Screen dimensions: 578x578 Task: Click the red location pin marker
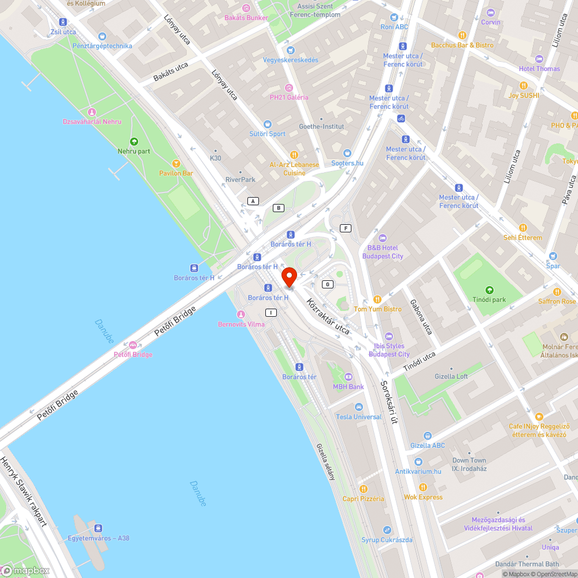click(x=289, y=277)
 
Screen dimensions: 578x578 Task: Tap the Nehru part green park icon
click(x=134, y=141)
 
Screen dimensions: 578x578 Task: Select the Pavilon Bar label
click(x=176, y=173)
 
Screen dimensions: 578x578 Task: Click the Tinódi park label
click(x=489, y=299)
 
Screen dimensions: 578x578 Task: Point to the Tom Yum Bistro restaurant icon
click(x=377, y=299)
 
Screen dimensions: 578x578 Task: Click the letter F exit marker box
click(x=346, y=228)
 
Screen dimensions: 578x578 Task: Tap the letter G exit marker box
click(x=328, y=284)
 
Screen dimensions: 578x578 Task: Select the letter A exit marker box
click(x=253, y=201)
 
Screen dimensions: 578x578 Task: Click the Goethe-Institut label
click(x=321, y=127)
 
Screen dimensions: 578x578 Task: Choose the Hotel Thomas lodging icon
click(x=539, y=59)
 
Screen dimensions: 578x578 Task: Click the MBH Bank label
click(x=348, y=387)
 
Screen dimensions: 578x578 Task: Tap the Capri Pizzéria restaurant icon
click(x=363, y=489)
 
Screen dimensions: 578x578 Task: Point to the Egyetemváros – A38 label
click(x=99, y=538)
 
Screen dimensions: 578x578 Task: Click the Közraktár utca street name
click(x=328, y=317)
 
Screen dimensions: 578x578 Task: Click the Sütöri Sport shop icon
click(x=267, y=124)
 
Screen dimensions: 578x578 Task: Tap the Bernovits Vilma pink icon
click(x=241, y=314)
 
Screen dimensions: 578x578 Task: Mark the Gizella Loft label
click(x=451, y=376)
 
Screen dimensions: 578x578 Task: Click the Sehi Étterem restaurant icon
click(x=523, y=228)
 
